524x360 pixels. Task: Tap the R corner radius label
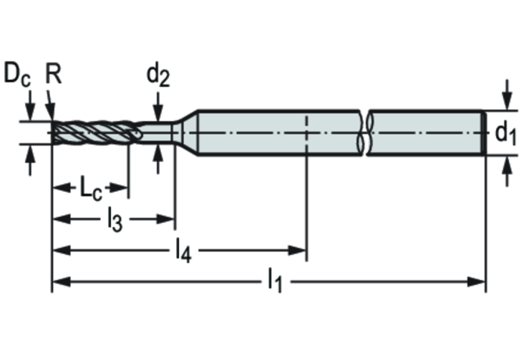click(53, 74)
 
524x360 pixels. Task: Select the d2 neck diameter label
click(158, 76)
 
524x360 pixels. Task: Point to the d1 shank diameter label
click(505, 134)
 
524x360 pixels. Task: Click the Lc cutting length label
click(91, 189)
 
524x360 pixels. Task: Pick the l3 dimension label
click(115, 220)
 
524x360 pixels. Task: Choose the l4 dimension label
click(184, 250)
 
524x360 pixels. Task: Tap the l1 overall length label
click(275, 281)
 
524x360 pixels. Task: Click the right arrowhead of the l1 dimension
click(476, 282)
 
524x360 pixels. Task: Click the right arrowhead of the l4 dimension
click(297, 250)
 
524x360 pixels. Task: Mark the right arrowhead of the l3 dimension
click(166, 220)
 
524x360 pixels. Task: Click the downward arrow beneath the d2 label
click(158, 106)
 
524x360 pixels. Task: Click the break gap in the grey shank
click(364, 133)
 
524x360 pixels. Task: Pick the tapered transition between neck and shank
click(185, 133)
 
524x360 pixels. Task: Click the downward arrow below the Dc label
click(30, 106)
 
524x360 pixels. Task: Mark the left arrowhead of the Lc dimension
click(62, 188)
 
